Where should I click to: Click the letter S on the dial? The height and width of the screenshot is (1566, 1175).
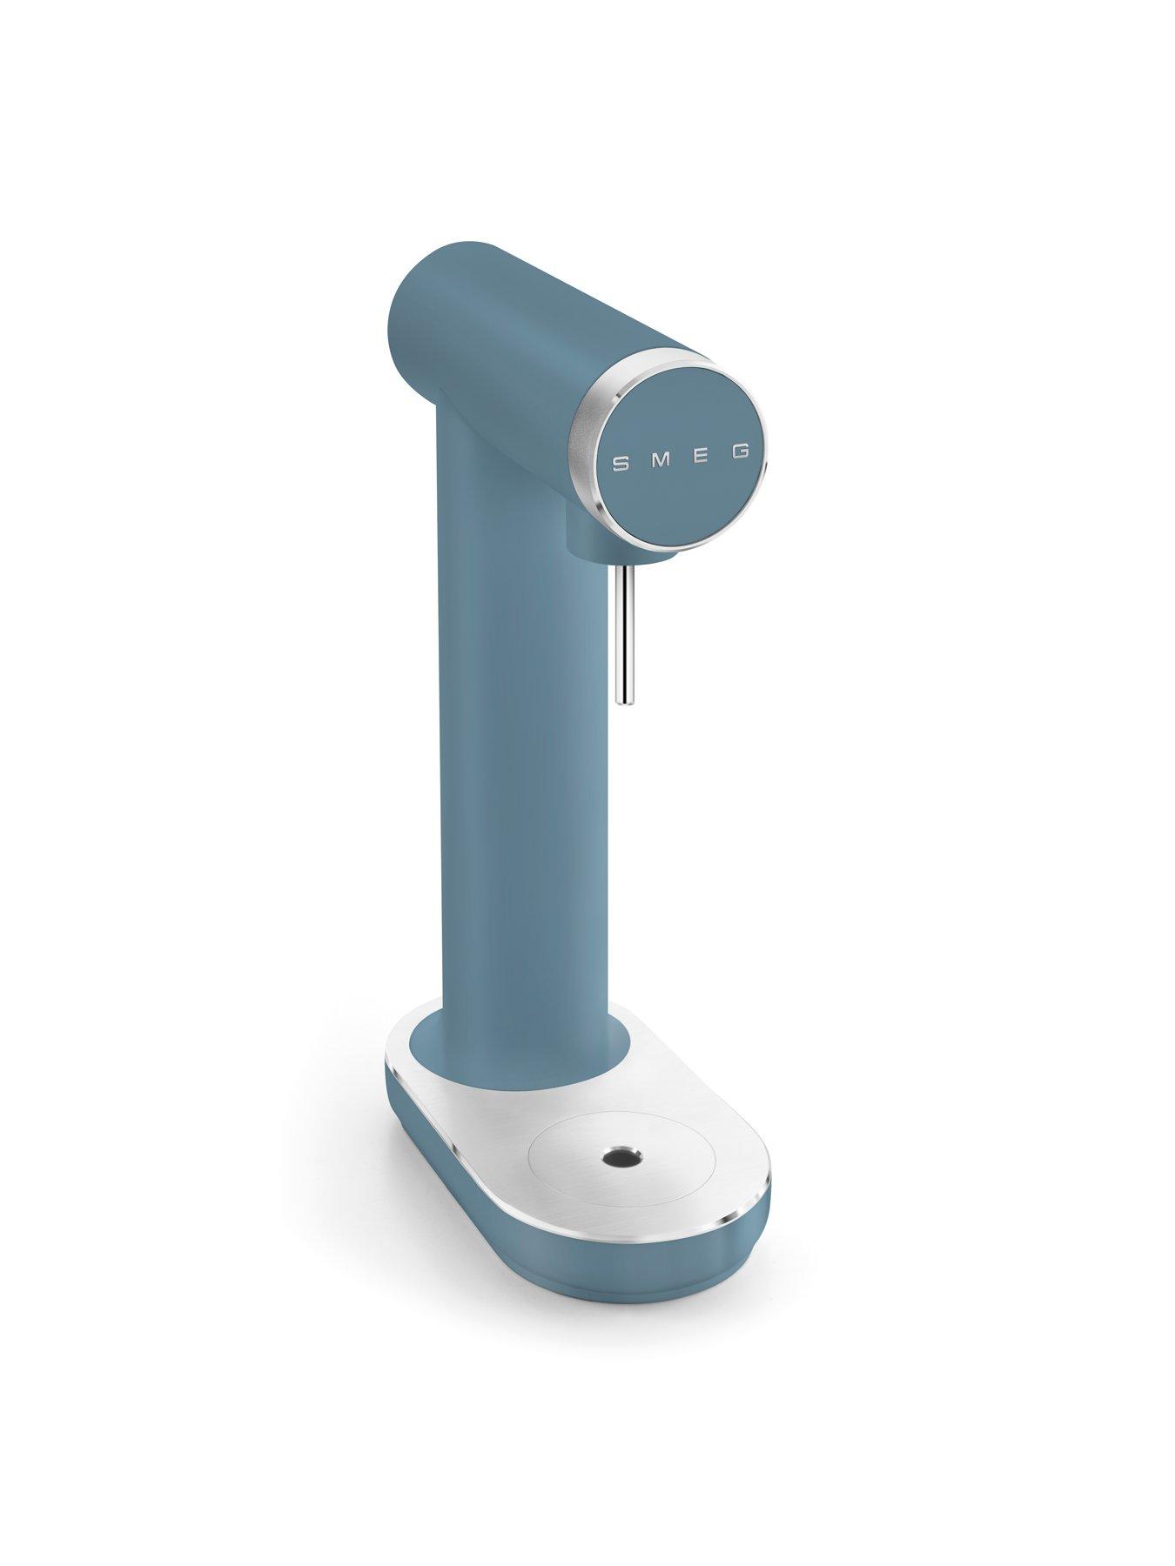pos(620,462)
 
